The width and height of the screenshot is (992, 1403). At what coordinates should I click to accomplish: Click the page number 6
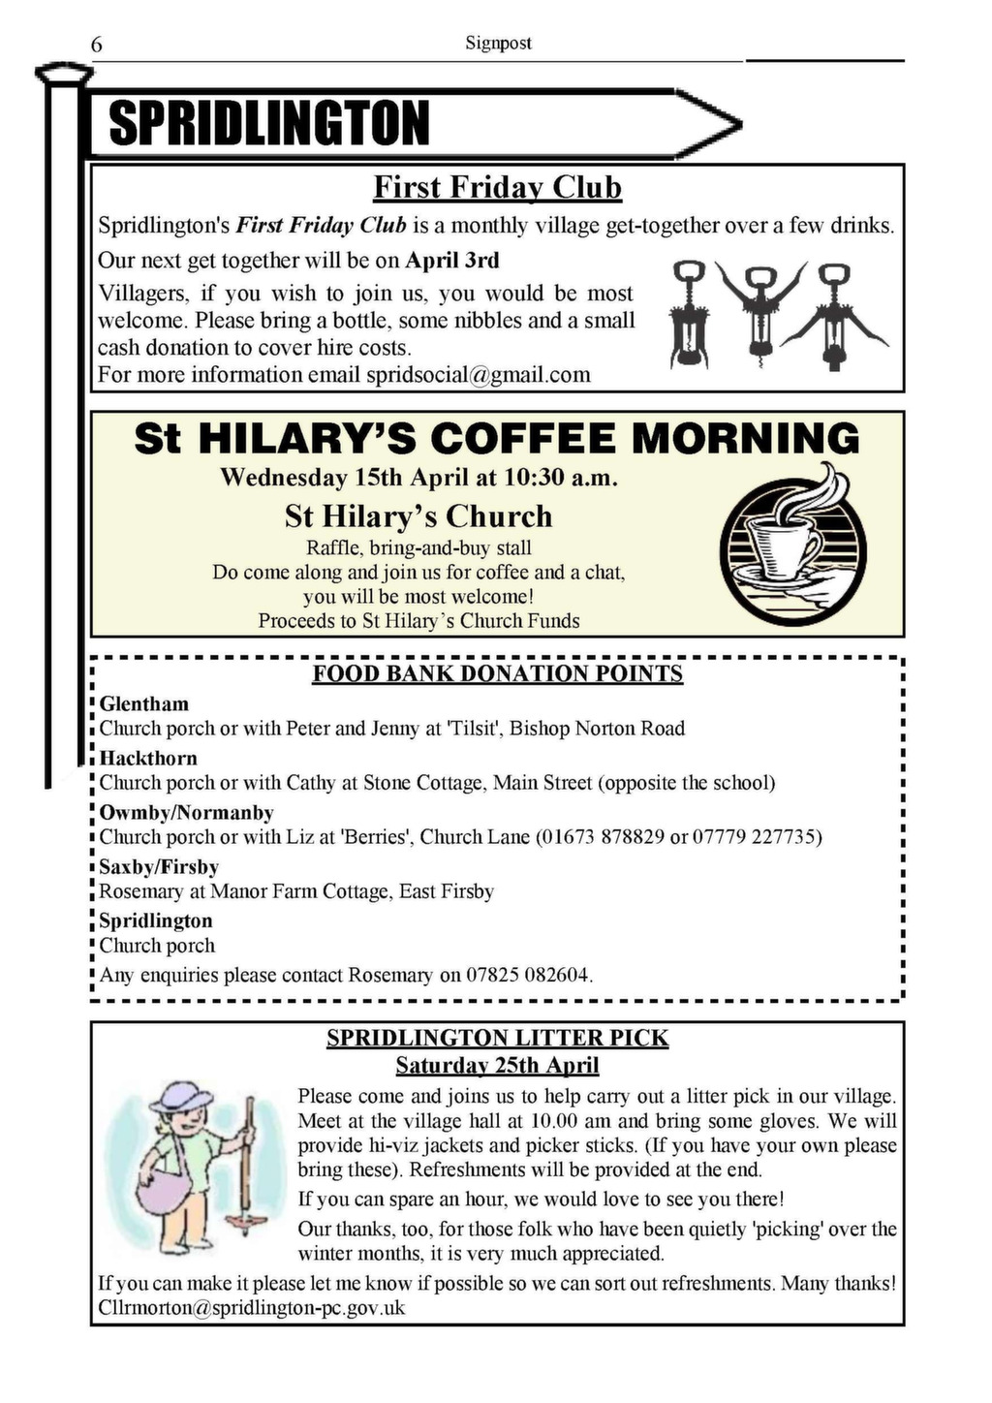[96, 45]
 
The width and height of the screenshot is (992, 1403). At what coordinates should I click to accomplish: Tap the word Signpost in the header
[498, 44]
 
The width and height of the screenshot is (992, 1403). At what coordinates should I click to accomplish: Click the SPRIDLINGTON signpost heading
[269, 124]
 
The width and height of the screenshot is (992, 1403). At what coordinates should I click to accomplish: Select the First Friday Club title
[497, 187]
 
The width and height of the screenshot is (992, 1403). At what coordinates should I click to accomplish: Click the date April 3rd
[452, 261]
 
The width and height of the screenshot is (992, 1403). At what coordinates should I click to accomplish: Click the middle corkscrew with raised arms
[759, 312]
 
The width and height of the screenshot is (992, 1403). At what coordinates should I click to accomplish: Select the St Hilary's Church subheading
[418, 515]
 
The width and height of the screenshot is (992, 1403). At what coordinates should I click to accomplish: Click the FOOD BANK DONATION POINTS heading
[497, 674]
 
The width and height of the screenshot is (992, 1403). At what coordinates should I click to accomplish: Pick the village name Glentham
[144, 704]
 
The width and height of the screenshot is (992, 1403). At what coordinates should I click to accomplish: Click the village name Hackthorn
[148, 759]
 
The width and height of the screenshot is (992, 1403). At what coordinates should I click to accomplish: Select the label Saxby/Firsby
[159, 867]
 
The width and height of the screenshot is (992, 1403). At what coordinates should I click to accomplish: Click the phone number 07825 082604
[528, 975]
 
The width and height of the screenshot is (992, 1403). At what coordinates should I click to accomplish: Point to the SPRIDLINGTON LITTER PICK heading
[497, 1039]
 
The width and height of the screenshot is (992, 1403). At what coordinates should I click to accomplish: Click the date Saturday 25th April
[497, 1066]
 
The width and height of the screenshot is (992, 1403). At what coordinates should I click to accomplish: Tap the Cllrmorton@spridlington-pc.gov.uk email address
[252, 1308]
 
